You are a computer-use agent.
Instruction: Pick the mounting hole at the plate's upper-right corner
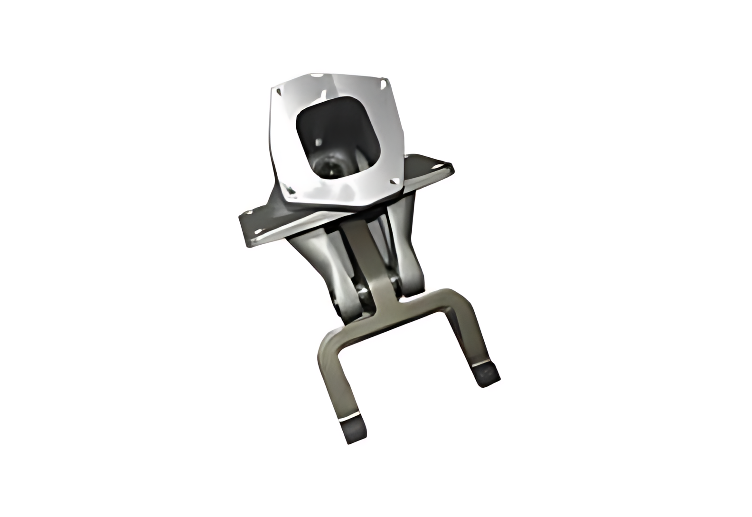click(382, 84)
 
